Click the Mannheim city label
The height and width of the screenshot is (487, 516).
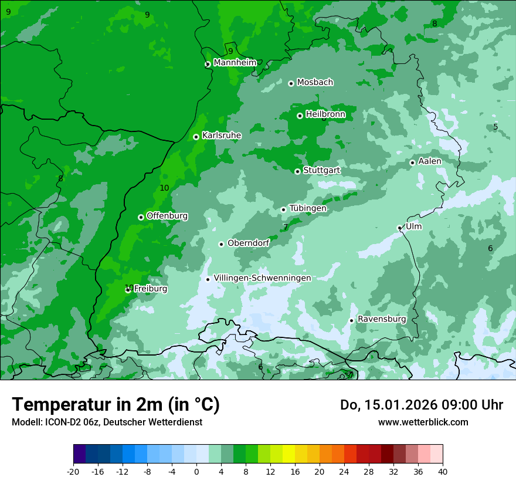click(x=235, y=63)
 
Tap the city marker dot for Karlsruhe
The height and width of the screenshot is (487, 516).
click(x=196, y=137)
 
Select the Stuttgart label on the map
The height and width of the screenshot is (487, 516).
click(x=321, y=171)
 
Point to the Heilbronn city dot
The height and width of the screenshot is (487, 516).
click(x=300, y=116)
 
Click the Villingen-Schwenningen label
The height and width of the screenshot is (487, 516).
click(x=262, y=278)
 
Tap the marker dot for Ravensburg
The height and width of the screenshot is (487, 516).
click(x=351, y=320)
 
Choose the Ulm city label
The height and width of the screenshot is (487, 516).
click(x=413, y=226)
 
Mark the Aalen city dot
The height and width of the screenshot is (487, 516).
click(x=412, y=163)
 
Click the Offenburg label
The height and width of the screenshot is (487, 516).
click(x=167, y=216)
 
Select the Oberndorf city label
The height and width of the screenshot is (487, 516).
click(x=248, y=243)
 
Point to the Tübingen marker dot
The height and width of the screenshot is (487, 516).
click(x=283, y=209)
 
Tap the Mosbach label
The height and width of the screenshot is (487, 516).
click(x=315, y=83)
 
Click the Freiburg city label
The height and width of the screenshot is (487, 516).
click(x=150, y=289)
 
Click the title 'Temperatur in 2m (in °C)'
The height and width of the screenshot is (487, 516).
click(x=116, y=405)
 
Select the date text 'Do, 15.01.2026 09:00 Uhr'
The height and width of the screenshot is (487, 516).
click(x=421, y=405)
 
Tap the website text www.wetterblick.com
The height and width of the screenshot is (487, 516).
click(x=423, y=422)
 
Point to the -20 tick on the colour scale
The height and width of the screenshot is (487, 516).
click(x=73, y=471)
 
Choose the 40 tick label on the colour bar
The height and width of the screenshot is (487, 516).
click(x=443, y=471)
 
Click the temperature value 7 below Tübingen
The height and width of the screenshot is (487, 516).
click(x=286, y=227)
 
